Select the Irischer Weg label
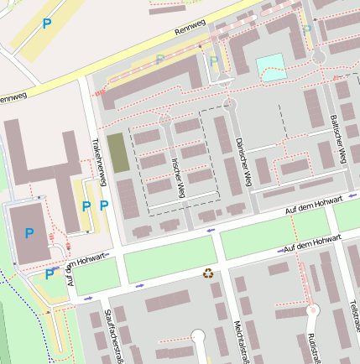(177, 176)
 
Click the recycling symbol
(207, 273)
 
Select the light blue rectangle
(270, 66)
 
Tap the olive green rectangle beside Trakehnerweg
(118, 153)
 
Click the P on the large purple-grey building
(30, 232)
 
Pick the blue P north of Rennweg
(46, 24)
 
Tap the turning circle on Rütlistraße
(314, 310)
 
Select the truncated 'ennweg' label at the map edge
(13, 98)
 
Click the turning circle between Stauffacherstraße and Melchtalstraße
(198, 337)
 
